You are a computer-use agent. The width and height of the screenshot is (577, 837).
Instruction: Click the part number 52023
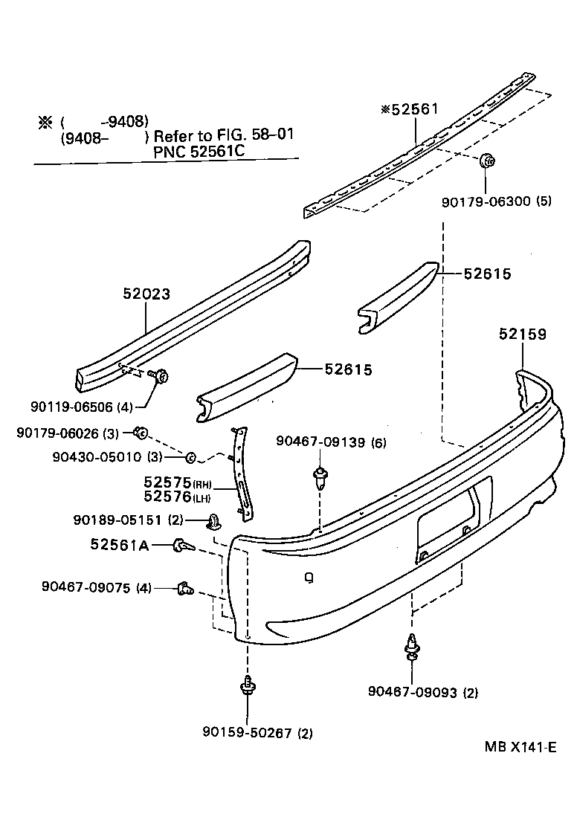click(146, 294)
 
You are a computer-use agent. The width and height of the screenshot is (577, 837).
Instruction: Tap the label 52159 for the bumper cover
click(522, 335)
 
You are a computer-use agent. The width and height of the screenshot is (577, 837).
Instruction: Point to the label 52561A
click(119, 545)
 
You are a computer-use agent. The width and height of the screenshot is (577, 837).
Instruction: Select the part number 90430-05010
click(105, 456)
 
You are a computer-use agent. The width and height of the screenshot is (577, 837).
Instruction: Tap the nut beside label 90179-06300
click(487, 160)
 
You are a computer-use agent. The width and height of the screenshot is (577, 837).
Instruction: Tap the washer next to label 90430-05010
click(190, 456)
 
